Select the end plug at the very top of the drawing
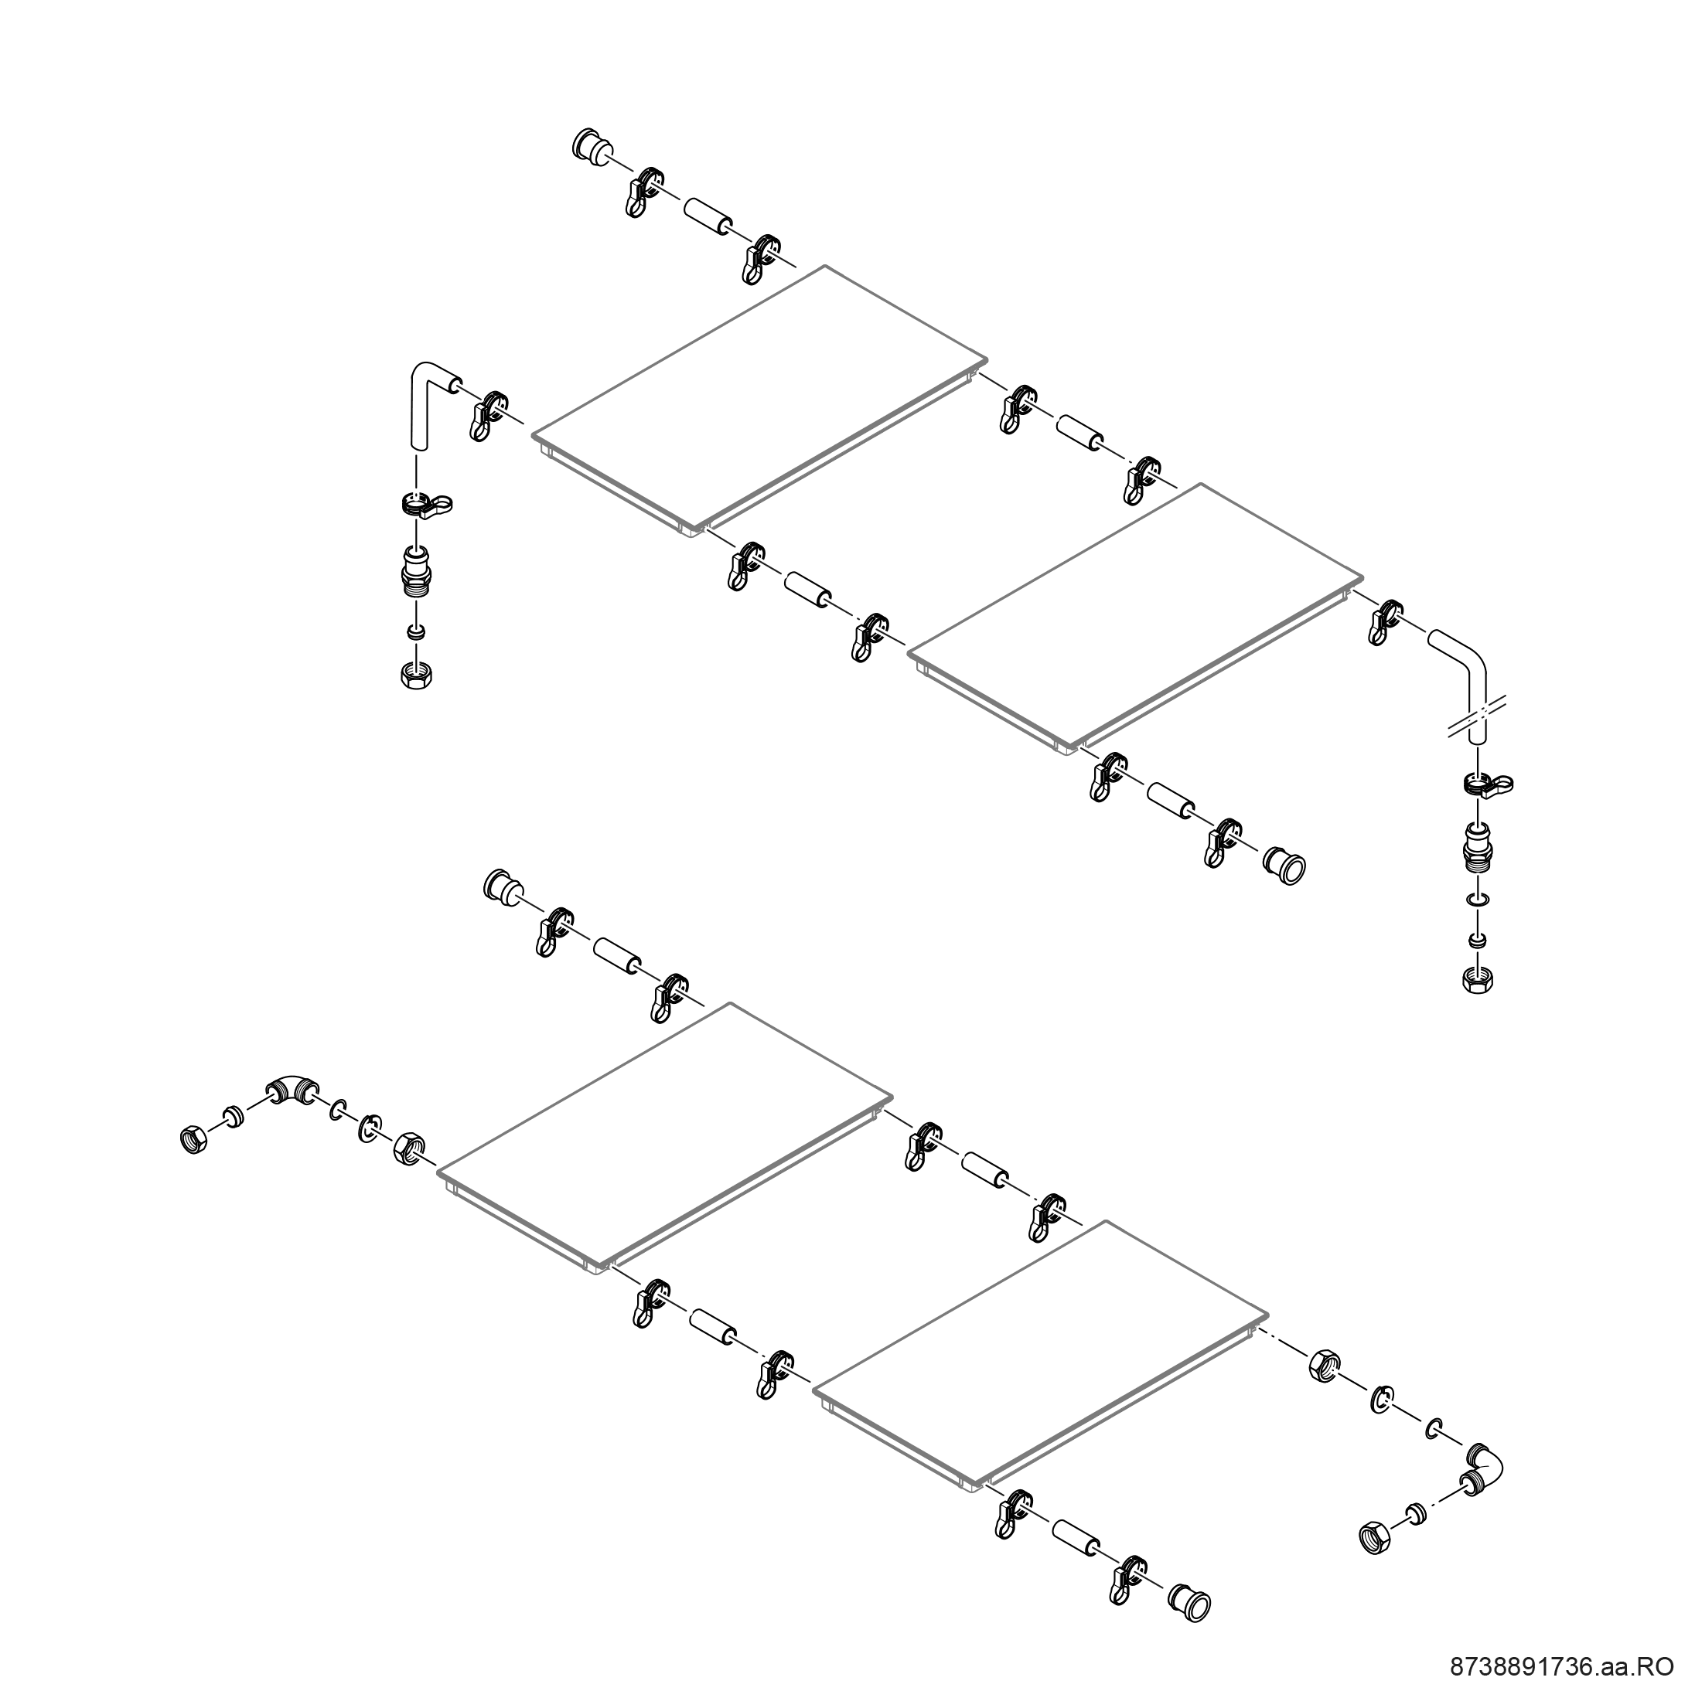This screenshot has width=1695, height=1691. pos(591,148)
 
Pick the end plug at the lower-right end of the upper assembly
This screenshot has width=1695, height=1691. pos(1284,864)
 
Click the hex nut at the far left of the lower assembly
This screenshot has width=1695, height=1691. pos(193,1140)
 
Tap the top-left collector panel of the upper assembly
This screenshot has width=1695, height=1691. pos(760,397)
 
